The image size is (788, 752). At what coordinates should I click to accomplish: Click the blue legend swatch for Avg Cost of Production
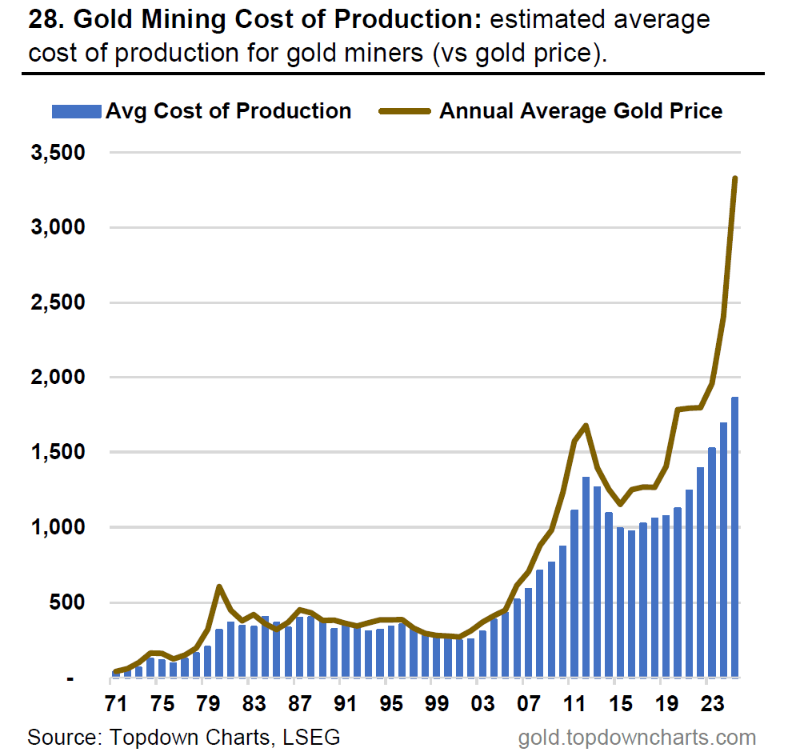[77, 111]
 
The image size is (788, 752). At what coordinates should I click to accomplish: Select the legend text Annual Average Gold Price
[580, 111]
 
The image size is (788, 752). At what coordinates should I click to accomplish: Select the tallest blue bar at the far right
[734, 537]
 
